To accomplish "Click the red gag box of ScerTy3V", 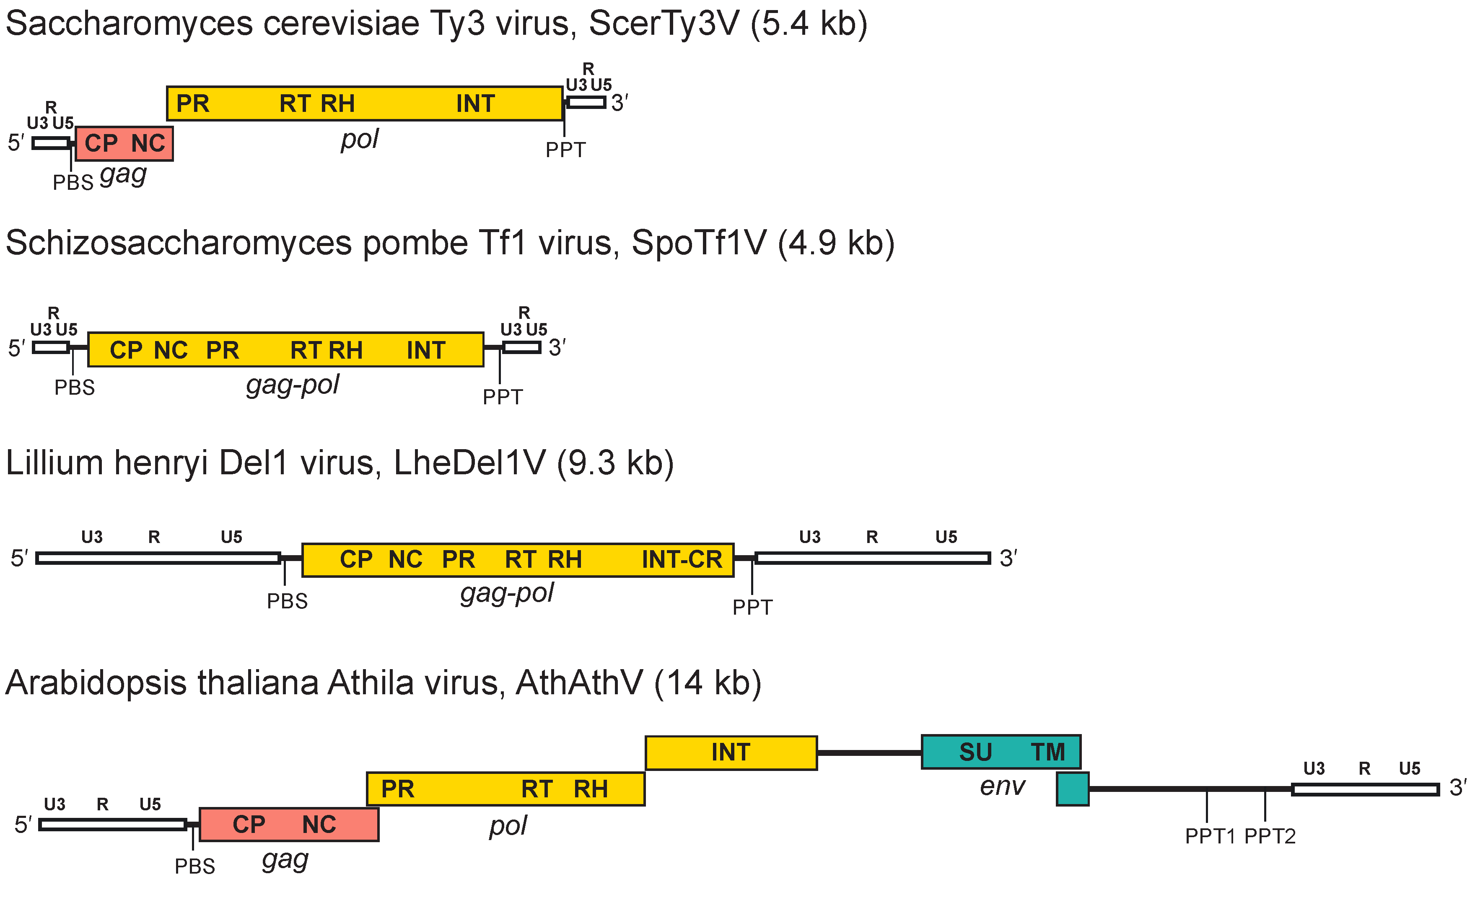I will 124,144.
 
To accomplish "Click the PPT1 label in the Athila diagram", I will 1210,836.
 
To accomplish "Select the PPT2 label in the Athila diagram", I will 1270,836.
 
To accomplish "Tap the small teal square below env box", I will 1072,789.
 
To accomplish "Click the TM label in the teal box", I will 1047,752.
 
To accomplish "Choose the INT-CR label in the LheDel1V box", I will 681,559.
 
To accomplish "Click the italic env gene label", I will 1002,786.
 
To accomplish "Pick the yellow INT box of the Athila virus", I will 731,752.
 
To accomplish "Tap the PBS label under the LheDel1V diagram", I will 288,601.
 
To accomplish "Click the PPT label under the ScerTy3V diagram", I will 565,150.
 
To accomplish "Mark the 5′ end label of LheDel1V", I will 19,559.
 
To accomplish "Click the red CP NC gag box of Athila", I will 288,824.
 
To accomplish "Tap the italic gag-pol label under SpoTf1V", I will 293,384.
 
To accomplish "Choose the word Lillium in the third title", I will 54,463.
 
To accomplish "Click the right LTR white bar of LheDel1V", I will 872,559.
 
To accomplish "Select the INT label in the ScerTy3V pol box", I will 475,103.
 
